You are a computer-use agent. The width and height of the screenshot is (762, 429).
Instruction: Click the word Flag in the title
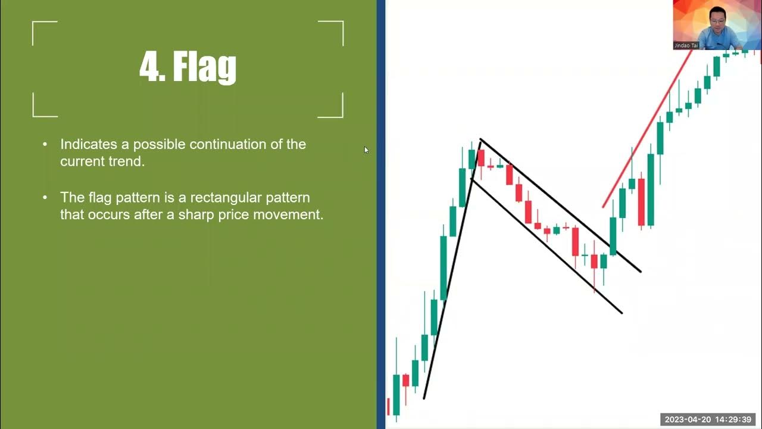[204, 67]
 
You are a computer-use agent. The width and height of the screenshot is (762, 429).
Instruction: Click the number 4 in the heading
[149, 66]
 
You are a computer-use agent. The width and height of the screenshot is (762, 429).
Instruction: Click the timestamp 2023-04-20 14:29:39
[708, 420]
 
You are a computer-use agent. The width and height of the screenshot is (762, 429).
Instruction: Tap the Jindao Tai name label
[686, 45]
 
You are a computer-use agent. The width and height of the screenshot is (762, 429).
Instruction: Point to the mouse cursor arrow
[366, 150]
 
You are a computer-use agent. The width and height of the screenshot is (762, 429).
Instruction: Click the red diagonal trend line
[646, 131]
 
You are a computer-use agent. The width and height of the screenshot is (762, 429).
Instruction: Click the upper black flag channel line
[560, 205]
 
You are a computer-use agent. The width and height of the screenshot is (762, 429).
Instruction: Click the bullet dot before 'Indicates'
[45, 145]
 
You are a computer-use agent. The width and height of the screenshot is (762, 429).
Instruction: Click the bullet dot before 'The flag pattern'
[45, 198]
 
